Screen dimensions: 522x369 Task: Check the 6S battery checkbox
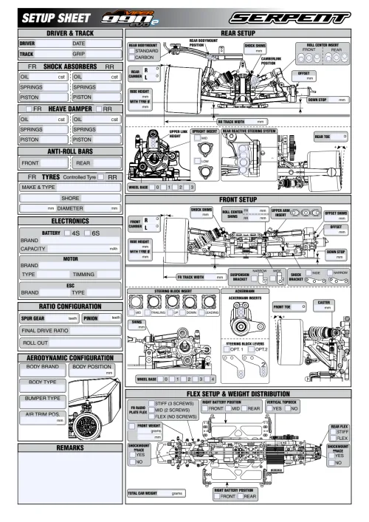pos(88,233)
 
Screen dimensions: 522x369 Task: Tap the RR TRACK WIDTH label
pos(235,121)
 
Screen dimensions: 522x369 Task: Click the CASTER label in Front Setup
pos(323,302)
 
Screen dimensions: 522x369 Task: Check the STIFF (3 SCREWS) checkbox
pos(151,403)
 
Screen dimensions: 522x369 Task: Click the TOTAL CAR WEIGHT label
pos(145,492)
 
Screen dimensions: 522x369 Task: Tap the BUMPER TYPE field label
pos(44,399)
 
